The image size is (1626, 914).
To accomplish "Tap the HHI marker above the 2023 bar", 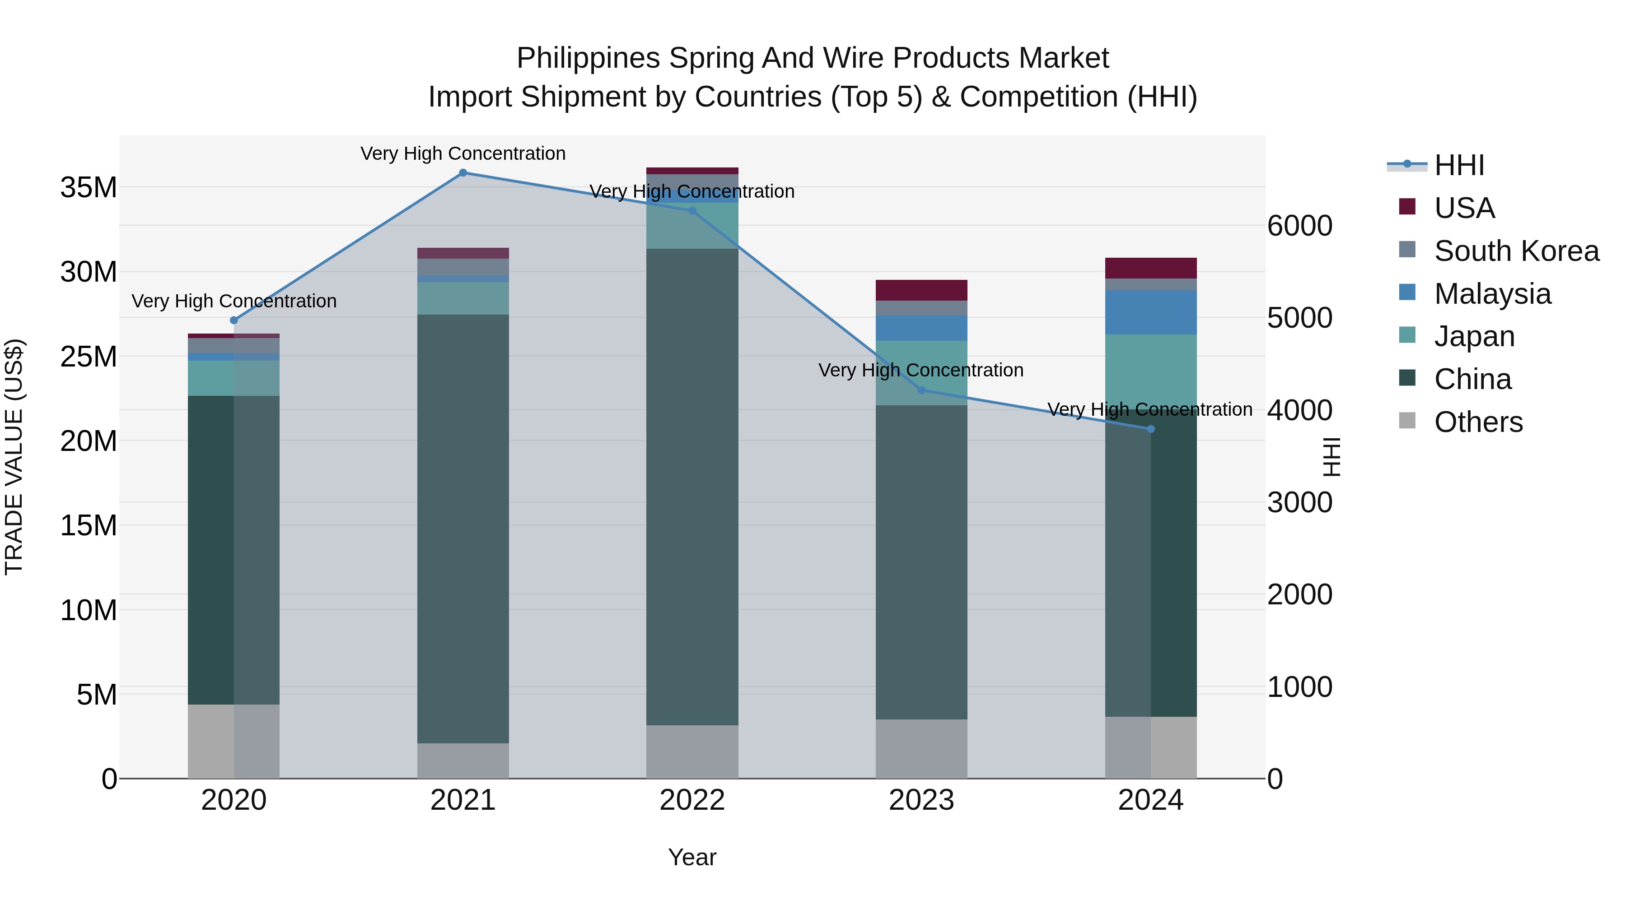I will click(921, 390).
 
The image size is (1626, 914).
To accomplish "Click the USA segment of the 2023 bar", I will click(921, 290).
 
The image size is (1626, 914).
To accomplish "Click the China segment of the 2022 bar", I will click(692, 486).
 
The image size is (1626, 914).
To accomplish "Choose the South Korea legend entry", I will click(1516, 251).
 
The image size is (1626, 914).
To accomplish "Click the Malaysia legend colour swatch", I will click(1407, 292).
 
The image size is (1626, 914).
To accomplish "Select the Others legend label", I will click(1478, 422).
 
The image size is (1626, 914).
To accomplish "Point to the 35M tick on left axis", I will click(89, 188).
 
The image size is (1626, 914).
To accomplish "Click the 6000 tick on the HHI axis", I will click(1299, 226).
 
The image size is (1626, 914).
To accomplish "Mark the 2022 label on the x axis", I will click(692, 800).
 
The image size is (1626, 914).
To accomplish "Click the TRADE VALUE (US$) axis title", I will click(14, 457).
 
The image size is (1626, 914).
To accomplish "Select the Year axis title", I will click(692, 857).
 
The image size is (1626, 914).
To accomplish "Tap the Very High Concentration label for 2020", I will click(234, 301).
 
